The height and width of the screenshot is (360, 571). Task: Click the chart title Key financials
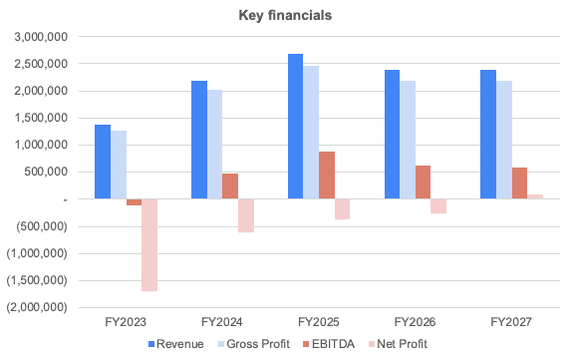[x=285, y=15]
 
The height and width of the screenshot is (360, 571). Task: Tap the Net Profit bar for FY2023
[x=149, y=244]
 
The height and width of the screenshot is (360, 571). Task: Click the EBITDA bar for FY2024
[x=230, y=186]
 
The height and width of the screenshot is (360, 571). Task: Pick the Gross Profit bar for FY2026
[x=407, y=140]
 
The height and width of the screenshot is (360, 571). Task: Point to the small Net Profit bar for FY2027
[x=535, y=196]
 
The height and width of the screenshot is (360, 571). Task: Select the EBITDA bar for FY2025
[x=327, y=176]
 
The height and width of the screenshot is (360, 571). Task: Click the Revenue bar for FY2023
[x=102, y=162]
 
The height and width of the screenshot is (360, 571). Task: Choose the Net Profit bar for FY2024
[x=246, y=215]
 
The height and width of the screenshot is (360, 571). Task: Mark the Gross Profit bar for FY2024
[x=214, y=145]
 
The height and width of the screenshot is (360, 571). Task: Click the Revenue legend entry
[x=176, y=344]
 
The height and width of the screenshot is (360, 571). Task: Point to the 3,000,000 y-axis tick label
[x=39, y=37]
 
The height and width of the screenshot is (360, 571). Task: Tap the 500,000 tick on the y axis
[x=45, y=172]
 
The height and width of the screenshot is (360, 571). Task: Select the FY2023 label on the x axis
[x=125, y=323]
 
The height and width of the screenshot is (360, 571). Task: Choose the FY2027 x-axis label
[x=510, y=323]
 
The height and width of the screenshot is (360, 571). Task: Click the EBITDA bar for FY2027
[x=519, y=183]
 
